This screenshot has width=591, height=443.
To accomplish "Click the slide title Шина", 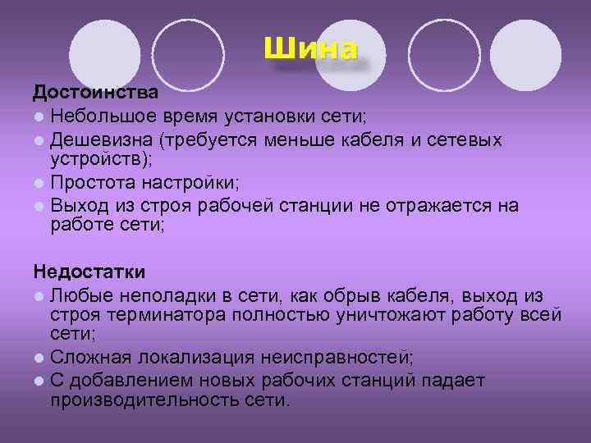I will [310, 48].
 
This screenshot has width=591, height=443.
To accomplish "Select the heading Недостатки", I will [89, 272].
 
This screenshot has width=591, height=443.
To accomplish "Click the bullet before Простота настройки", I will [39, 183].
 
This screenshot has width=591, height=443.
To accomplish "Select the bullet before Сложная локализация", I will [39, 358].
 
